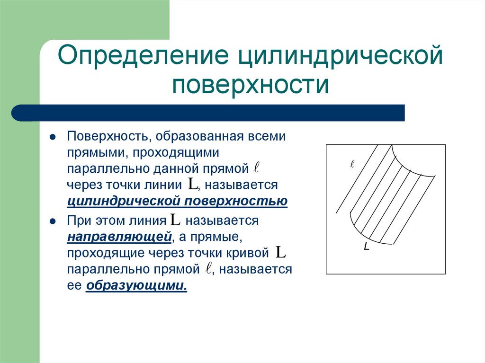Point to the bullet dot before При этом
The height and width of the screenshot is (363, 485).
point(53,221)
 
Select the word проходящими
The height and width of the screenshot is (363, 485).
point(176,152)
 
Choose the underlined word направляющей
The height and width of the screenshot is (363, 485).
point(119,236)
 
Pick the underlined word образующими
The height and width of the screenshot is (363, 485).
point(136,285)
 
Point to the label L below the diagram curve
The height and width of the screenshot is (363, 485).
point(367,248)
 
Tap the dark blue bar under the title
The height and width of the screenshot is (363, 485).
point(208,113)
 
